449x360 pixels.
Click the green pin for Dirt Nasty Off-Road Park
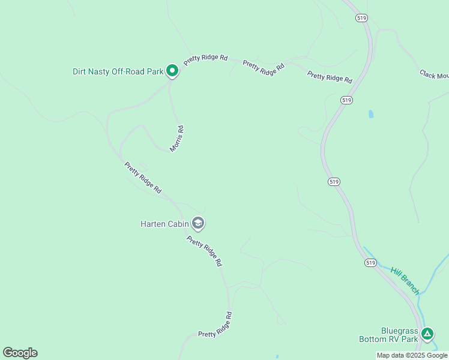point(172,71)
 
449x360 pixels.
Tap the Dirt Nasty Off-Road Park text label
point(118,71)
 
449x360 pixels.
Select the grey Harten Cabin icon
point(198,224)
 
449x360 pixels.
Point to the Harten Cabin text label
point(164,224)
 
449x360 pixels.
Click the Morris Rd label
point(176,138)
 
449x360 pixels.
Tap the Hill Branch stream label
point(405,281)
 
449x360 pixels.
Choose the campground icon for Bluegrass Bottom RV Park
point(427,334)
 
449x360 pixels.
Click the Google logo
point(20,353)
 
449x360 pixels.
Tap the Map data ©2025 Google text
point(412,355)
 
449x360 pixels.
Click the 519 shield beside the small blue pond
point(346,99)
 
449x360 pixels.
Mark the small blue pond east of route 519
point(370,113)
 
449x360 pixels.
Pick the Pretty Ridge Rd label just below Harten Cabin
point(204,251)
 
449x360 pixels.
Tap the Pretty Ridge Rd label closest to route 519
point(330,77)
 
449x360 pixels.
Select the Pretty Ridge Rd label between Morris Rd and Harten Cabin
point(143,177)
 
